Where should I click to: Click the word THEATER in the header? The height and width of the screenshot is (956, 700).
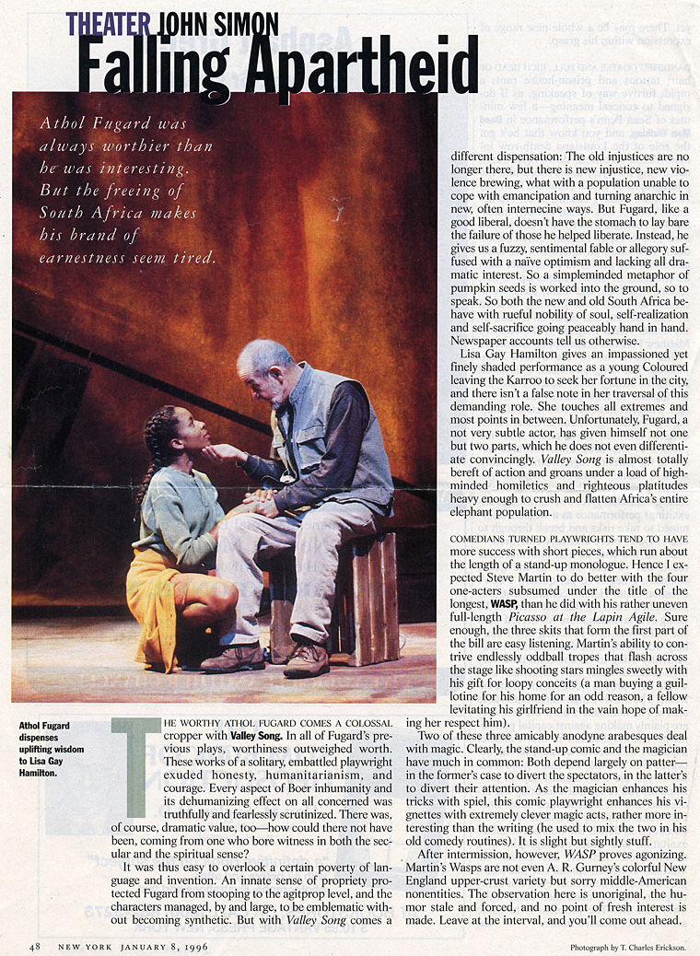[110, 23]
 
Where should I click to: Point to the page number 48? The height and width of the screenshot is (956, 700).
[34, 946]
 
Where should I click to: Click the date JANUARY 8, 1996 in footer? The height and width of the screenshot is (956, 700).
[162, 946]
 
